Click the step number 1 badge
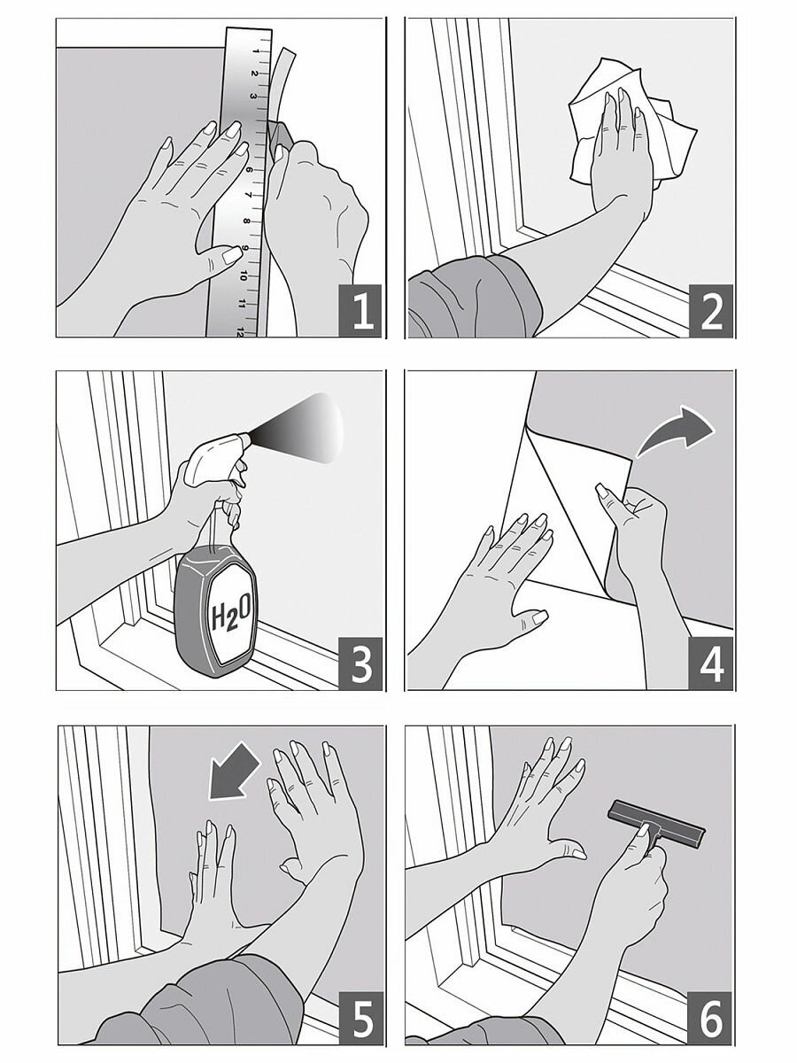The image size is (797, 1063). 359,310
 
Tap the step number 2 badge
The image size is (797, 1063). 710,310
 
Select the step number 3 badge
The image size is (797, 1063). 359,663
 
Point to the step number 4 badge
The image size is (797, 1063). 710,663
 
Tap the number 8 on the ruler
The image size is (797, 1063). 248,221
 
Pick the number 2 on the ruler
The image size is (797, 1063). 253,74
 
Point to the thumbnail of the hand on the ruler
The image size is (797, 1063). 231,254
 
